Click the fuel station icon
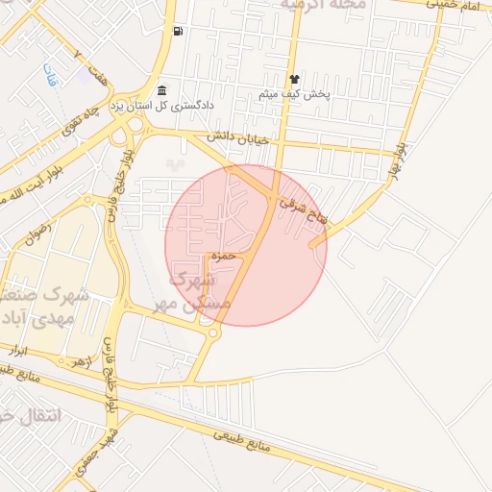[178, 32]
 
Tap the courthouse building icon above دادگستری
[161, 89]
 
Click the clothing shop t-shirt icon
[294, 80]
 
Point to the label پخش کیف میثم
[294, 94]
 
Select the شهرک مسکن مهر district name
[200, 289]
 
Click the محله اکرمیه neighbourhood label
[323, 6]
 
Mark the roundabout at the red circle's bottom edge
[212, 332]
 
